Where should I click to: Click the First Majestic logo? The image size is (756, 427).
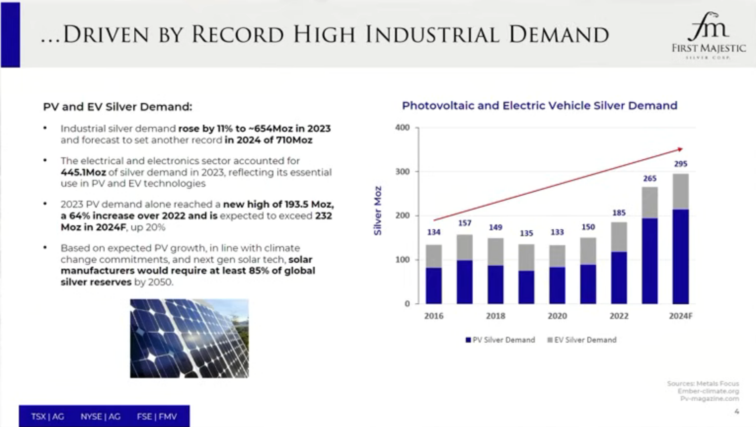click(x=709, y=35)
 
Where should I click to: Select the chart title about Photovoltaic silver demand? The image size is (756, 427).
click(x=539, y=106)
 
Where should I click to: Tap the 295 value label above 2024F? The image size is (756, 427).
click(x=680, y=164)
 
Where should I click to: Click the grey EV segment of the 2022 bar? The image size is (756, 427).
click(x=619, y=237)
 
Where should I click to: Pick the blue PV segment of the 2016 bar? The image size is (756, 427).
click(x=434, y=285)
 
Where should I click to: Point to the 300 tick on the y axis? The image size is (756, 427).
click(x=403, y=172)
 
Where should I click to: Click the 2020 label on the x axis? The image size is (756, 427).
click(x=557, y=316)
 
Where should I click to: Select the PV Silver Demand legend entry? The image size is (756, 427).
click(x=500, y=340)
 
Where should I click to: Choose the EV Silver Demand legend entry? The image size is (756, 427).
click(x=582, y=340)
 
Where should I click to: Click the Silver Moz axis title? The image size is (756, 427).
click(x=378, y=211)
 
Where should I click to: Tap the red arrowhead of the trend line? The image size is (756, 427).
click(x=680, y=149)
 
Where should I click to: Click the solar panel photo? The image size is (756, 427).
click(x=189, y=338)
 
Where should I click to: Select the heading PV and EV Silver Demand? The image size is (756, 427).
click(x=117, y=107)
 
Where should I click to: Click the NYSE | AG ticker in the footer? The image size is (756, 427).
click(x=100, y=417)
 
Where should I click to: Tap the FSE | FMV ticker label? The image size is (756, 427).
click(x=156, y=417)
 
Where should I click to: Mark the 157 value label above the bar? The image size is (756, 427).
click(x=464, y=223)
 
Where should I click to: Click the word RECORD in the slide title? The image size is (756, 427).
click(x=237, y=35)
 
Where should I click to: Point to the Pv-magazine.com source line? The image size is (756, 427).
click(x=709, y=398)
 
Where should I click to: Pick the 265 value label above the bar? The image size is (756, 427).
click(x=649, y=178)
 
